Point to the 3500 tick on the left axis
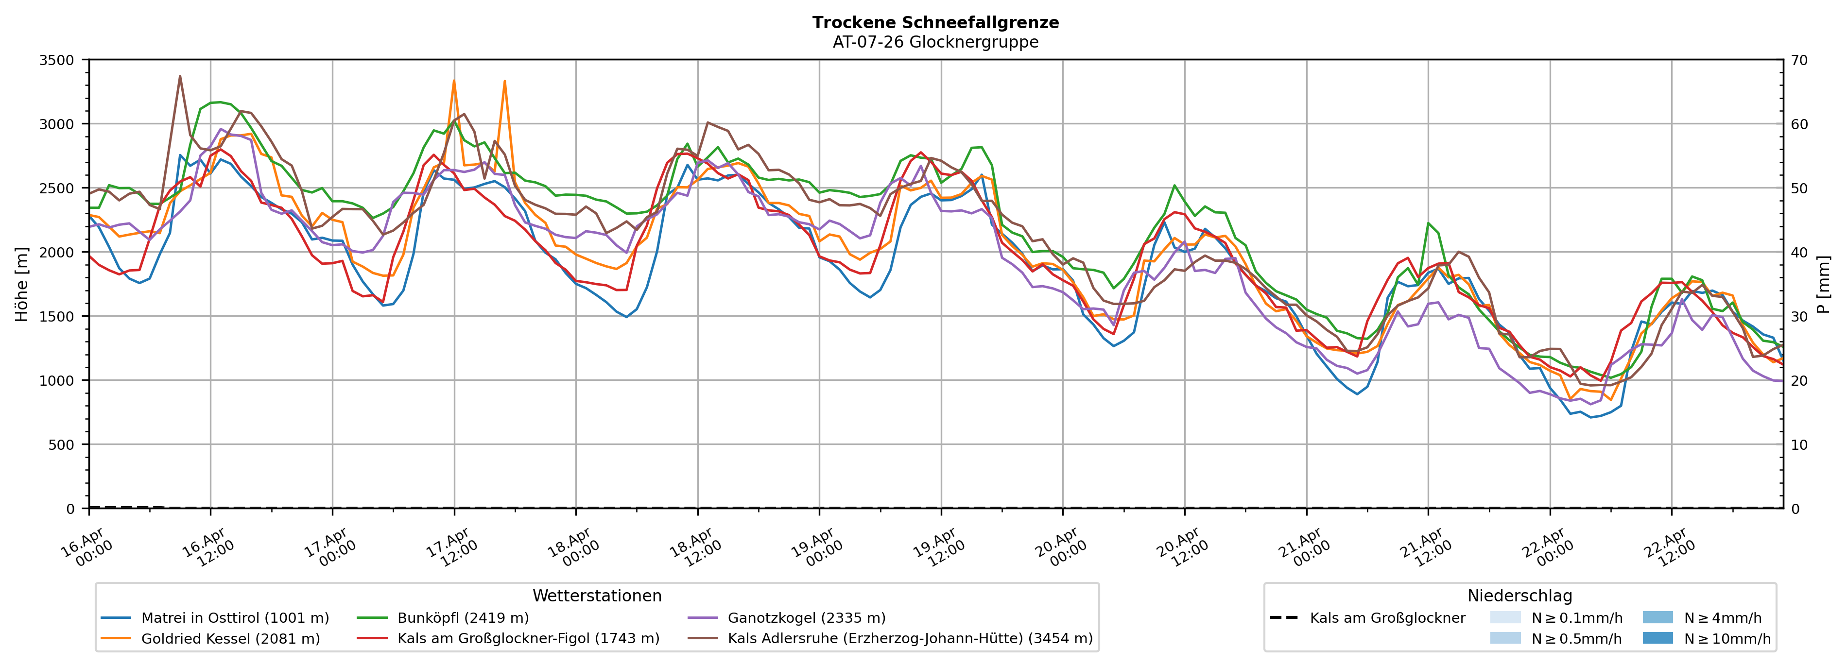57,60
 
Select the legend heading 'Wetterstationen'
597,596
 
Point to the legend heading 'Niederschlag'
1519,596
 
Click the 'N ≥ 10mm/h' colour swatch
1657,638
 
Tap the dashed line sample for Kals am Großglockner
1283,618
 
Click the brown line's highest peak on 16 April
180,76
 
